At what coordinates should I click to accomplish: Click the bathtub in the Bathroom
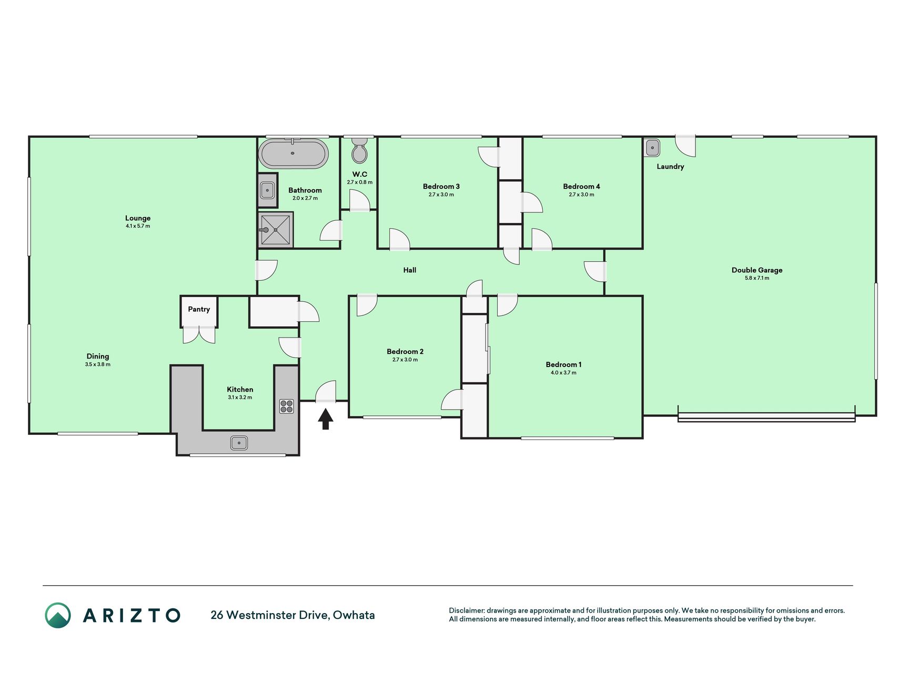[x=294, y=153]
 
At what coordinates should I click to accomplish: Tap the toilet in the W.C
[x=360, y=150]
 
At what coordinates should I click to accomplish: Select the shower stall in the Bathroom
[x=276, y=230]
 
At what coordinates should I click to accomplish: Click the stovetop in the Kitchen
[x=287, y=406]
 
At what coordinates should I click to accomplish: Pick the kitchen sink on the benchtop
[x=239, y=443]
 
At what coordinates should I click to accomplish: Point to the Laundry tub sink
[x=652, y=148]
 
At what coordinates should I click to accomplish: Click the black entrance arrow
[x=326, y=419]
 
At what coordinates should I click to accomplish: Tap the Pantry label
[x=199, y=309]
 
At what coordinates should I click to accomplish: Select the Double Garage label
[x=757, y=270]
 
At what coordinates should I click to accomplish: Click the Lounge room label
[x=138, y=218]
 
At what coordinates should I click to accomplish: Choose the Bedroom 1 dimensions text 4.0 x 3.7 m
[x=563, y=373]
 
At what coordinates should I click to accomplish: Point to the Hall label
[x=410, y=270]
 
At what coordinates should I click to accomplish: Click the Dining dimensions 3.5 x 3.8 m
[x=98, y=364]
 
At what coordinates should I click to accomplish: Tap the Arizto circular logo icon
[x=58, y=615]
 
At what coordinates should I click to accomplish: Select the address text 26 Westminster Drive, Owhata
[x=292, y=615]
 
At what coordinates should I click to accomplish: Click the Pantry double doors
[x=199, y=335]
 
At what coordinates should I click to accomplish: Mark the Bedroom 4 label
[x=581, y=187]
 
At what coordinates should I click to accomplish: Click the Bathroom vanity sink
[x=267, y=190]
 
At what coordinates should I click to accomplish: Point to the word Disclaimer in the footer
[x=466, y=611]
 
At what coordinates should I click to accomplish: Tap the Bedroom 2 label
[x=405, y=352]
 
